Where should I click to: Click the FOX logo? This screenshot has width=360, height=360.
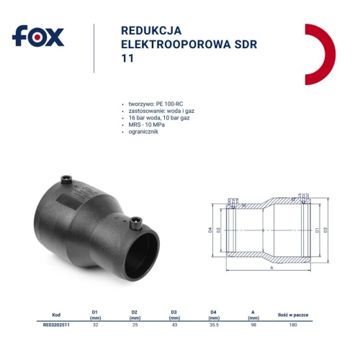tap(39, 36)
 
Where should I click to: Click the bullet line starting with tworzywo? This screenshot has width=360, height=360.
tap(151, 104)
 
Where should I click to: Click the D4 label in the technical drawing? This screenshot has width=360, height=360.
tap(210, 230)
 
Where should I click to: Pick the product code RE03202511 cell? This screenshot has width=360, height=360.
tap(57, 325)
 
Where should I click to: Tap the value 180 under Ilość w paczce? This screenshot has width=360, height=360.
tap(293, 325)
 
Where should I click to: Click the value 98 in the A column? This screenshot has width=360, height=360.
tap(253, 325)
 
